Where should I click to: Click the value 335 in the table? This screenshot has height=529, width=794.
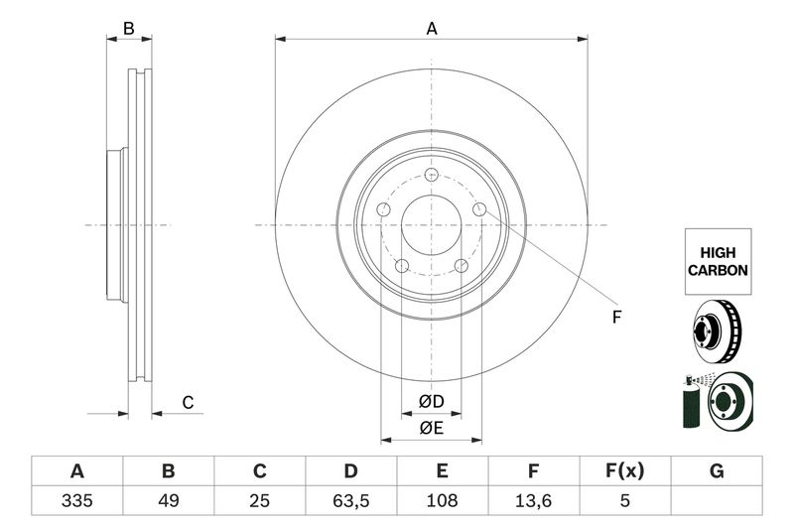tap(76, 500)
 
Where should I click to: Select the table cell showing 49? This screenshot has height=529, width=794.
tap(168, 500)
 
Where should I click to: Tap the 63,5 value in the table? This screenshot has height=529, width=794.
tap(350, 500)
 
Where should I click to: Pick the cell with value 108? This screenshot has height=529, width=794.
tap(442, 500)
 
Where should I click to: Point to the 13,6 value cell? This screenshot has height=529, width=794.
tap(533, 500)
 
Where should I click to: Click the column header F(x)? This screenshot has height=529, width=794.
tap(624, 470)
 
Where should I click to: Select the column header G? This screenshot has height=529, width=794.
tap(716, 470)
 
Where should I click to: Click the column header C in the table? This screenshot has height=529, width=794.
tap(259, 470)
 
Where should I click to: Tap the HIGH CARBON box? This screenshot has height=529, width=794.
tap(717, 261)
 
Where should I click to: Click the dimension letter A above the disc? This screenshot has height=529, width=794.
tap(432, 29)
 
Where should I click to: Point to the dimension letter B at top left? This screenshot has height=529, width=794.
tap(128, 29)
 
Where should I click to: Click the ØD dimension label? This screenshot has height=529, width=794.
tap(431, 402)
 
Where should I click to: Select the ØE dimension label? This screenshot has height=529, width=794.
tap(431, 429)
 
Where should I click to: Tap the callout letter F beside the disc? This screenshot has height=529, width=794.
tap(615, 318)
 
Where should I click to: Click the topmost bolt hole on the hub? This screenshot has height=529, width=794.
tap(431, 176)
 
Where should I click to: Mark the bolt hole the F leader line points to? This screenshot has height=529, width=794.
tap(478, 209)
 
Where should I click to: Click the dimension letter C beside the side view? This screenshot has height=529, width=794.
tap(187, 402)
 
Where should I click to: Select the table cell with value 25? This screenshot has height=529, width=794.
tap(259, 500)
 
